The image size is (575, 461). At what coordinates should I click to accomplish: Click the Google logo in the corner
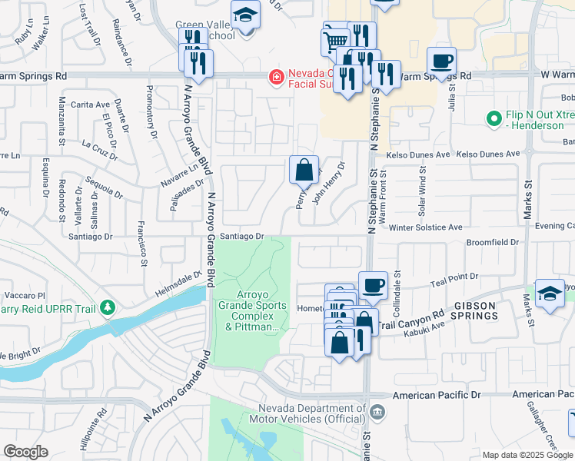(25, 452)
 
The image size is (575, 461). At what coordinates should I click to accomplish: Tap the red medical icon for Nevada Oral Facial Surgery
(274, 76)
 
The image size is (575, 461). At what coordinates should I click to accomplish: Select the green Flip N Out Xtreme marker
(494, 119)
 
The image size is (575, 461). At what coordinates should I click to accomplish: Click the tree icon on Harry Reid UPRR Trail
(108, 308)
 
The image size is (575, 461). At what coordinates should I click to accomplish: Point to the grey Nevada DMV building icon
(377, 412)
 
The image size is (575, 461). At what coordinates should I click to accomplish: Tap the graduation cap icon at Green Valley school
(245, 15)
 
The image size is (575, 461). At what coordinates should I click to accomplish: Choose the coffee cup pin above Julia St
(441, 61)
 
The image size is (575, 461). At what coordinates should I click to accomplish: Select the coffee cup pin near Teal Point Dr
(374, 285)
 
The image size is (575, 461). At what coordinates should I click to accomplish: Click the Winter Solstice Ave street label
(425, 227)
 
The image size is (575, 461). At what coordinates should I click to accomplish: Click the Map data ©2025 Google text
(527, 455)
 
